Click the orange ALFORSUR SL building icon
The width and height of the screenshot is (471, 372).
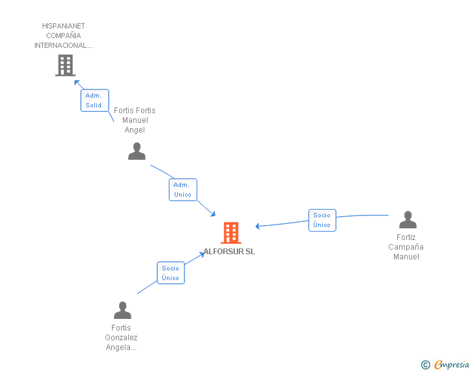[231, 233]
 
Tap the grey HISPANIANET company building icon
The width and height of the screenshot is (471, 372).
[65, 65]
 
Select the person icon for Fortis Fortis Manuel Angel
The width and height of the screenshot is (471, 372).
[137, 151]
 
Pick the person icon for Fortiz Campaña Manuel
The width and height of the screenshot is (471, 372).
[408, 220]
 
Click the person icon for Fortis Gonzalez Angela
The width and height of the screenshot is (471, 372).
[122, 311]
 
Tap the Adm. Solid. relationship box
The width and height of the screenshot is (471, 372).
[94, 100]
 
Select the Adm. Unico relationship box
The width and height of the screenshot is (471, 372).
[182, 190]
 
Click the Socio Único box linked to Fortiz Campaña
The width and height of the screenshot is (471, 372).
[322, 220]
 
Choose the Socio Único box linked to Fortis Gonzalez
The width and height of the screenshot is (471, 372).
[171, 272]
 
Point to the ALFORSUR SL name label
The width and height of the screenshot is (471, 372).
[230, 252]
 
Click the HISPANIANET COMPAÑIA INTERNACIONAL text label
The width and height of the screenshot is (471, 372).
[63, 36]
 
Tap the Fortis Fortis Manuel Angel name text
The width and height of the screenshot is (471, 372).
[135, 120]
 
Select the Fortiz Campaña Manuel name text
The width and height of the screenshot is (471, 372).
[406, 247]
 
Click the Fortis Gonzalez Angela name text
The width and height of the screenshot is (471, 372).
[121, 338]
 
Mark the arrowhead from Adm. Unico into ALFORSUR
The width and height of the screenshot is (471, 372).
[212, 214]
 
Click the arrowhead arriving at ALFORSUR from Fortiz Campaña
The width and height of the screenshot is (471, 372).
[258, 226]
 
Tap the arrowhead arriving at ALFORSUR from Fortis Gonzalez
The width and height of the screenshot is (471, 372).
[203, 254]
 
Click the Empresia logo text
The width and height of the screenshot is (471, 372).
[452, 365]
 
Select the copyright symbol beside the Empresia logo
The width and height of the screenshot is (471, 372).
[425, 365]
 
